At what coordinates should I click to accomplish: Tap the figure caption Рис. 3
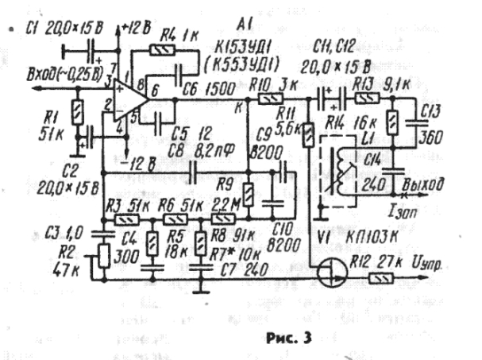point(287,336)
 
